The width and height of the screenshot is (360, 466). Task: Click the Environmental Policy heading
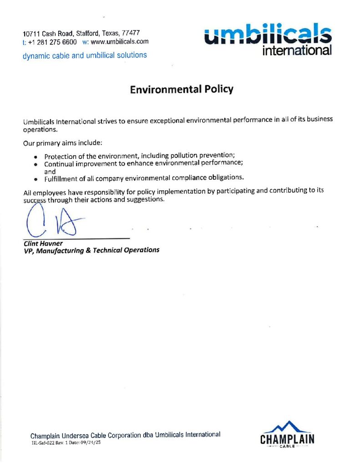(181, 89)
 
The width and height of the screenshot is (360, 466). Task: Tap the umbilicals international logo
(268, 41)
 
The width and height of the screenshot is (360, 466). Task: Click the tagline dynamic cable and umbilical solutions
(85, 55)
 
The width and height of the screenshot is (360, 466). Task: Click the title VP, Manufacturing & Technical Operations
(91, 250)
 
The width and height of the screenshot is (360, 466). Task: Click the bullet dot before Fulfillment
(35, 179)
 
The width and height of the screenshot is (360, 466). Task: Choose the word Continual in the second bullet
(59, 164)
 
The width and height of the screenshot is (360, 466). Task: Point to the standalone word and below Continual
(50, 172)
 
